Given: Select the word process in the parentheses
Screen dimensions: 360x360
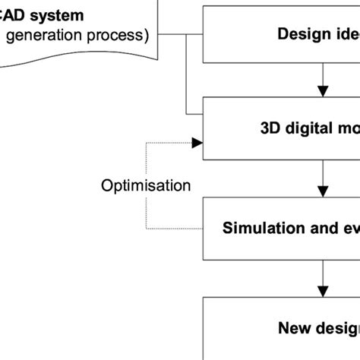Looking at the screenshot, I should pyautogui.click(x=121, y=35).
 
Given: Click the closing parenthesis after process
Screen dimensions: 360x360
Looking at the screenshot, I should pyautogui.click(x=149, y=35).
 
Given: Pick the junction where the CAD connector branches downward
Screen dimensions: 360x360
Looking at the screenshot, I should pyautogui.click(x=185, y=35).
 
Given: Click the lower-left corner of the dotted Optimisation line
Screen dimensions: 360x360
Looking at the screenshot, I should pyautogui.click(x=147, y=228).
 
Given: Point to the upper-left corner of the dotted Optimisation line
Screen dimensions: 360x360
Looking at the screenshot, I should pyautogui.click(x=147, y=141).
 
